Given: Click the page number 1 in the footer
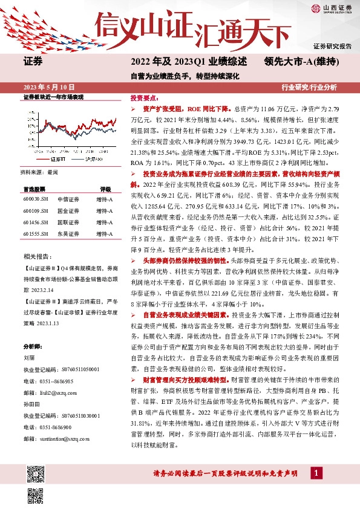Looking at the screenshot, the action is [x=315, y=473].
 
